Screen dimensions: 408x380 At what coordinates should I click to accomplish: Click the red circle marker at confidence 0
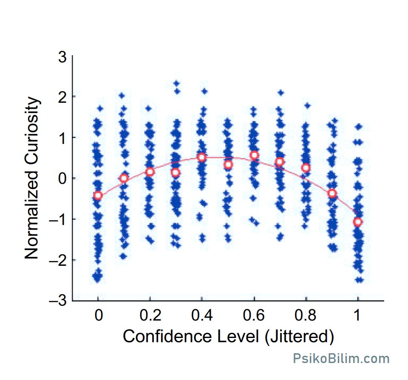point(98,195)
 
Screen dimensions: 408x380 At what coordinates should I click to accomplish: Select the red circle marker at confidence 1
point(358,222)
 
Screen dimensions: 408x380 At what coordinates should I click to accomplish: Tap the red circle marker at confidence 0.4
point(201,157)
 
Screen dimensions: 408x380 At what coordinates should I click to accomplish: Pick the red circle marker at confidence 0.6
point(254,155)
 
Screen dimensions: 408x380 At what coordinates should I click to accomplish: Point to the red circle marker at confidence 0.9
point(332,193)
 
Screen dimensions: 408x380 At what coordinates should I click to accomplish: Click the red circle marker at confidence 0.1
point(124,178)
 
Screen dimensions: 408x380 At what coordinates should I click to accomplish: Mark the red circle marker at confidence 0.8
point(306,168)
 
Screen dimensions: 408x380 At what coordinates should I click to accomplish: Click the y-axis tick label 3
point(62,57)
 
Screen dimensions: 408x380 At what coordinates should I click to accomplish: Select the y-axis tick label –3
point(58,301)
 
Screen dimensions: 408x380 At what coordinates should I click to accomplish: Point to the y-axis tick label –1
point(58,220)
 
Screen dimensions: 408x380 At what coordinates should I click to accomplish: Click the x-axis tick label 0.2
point(150,315)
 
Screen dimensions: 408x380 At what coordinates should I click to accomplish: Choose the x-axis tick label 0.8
point(305,315)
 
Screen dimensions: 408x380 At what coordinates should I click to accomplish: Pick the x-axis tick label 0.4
point(202,315)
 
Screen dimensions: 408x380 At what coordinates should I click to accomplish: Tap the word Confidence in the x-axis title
point(167,336)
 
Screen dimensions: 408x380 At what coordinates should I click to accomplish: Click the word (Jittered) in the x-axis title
point(299,337)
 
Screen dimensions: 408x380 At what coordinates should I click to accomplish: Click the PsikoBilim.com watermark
point(341,358)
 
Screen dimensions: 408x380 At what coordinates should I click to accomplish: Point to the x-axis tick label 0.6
point(254,315)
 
